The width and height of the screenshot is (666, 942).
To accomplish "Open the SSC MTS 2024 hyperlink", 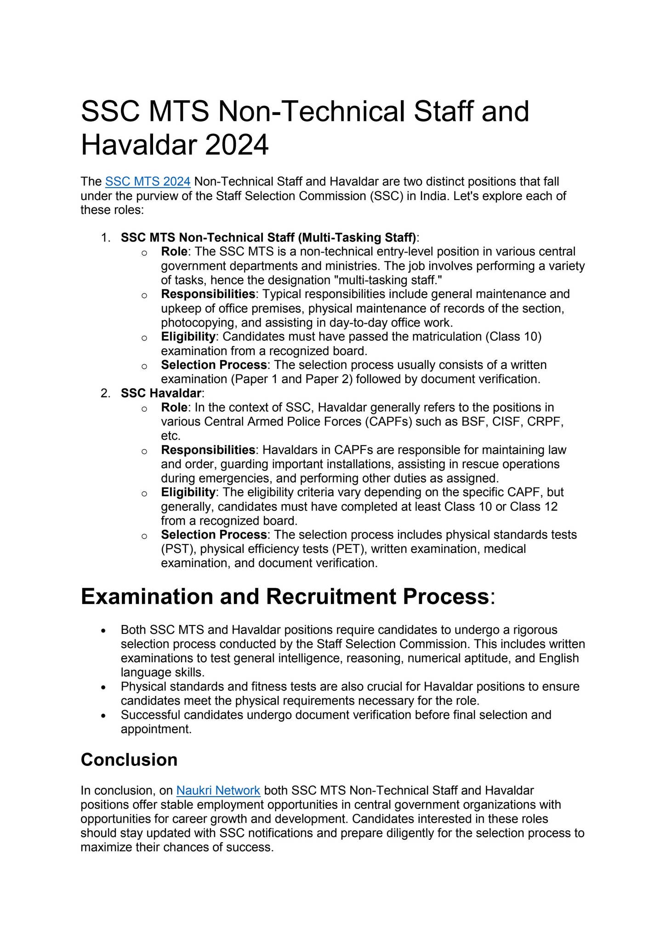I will [148, 182].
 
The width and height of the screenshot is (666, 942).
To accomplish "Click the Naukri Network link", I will [218, 790].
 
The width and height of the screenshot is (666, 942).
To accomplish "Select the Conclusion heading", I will [129, 759].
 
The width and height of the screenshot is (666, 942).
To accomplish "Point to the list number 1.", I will [105, 238].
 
